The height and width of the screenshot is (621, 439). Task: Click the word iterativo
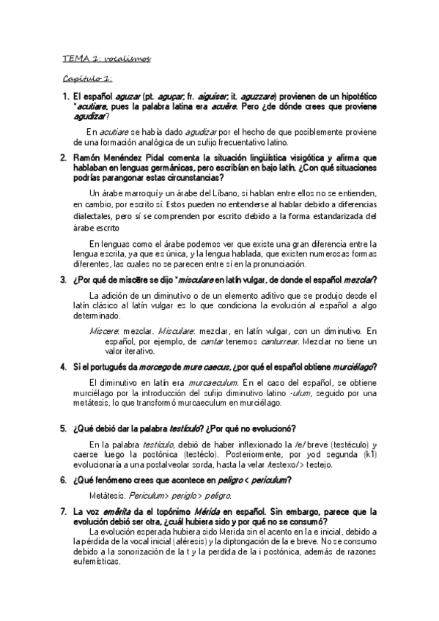click(x=128, y=352)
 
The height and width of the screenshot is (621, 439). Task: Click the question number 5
click(x=63, y=428)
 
